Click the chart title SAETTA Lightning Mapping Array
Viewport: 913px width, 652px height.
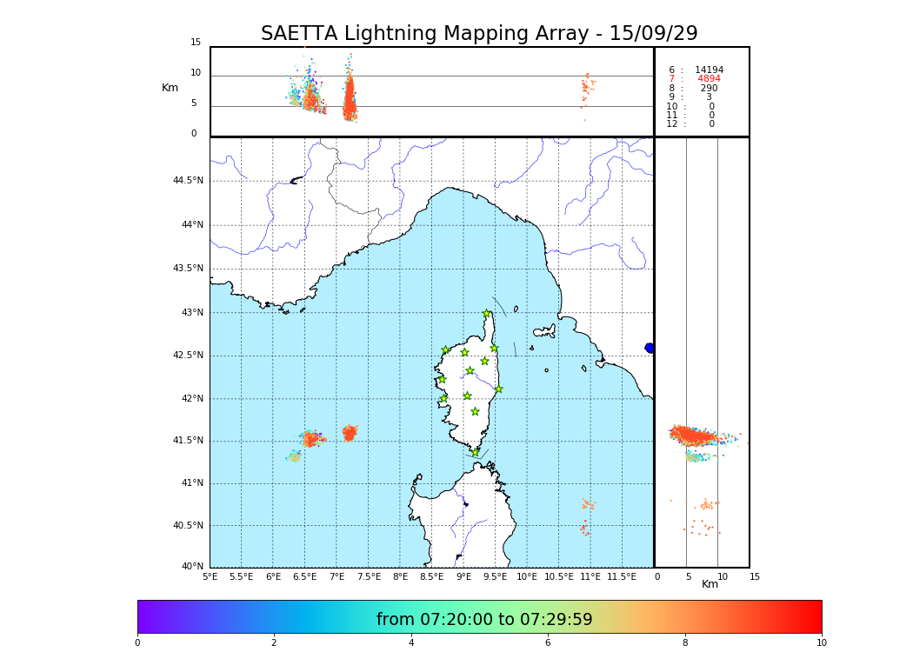pyautogui.click(x=479, y=34)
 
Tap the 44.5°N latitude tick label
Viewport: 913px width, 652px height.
pyautogui.click(x=188, y=181)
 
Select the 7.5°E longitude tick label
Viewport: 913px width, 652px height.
pyautogui.click(x=368, y=576)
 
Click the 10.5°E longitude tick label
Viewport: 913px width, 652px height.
pyautogui.click(x=558, y=576)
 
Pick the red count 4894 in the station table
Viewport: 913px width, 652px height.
pyautogui.click(x=709, y=79)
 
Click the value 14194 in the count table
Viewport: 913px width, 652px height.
pyautogui.click(x=709, y=70)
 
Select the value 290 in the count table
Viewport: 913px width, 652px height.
pyautogui.click(x=709, y=88)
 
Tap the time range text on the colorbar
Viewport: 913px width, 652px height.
pyautogui.click(x=484, y=619)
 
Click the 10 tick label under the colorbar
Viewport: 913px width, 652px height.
pyautogui.click(x=821, y=642)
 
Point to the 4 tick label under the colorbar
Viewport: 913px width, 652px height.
pyautogui.click(x=411, y=642)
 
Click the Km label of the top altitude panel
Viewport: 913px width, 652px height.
pyautogui.click(x=170, y=88)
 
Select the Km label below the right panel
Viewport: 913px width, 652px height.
pyautogui.click(x=710, y=584)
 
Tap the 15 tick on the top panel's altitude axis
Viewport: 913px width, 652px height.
pyautogui.click(x=196, y=43)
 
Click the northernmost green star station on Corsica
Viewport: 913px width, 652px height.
pyautogui.click(x=487, y=314)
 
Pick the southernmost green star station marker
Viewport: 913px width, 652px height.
pyautogui.click(x=475, y=452)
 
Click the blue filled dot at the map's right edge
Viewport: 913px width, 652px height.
pyautogui.click(x=650, y=348)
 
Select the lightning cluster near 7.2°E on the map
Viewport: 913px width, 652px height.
pyautogui.click(x=349, y=433)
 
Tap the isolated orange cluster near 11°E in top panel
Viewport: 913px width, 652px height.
pyautogui.click(x=587, y=86)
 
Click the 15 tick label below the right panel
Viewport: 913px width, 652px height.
pyautogui.click(x=755, y=576)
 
